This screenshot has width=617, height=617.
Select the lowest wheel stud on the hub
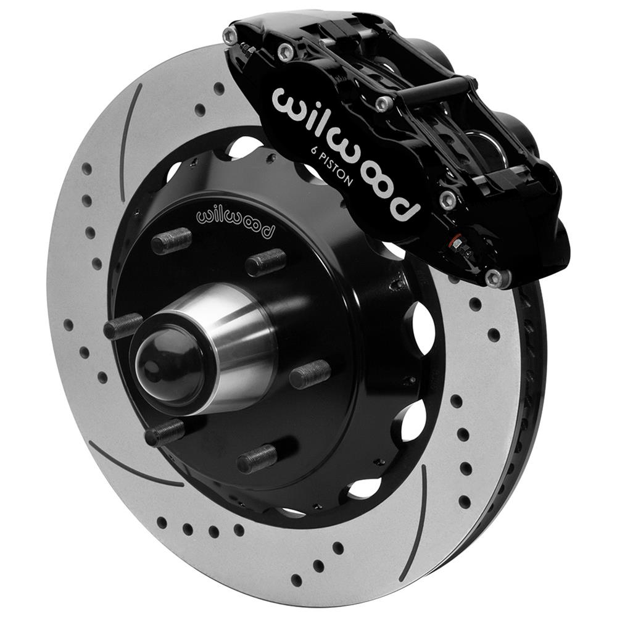(257, 458)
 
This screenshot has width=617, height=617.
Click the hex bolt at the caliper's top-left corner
(231, 36)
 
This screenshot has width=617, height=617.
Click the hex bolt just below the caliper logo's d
(448, 199)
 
